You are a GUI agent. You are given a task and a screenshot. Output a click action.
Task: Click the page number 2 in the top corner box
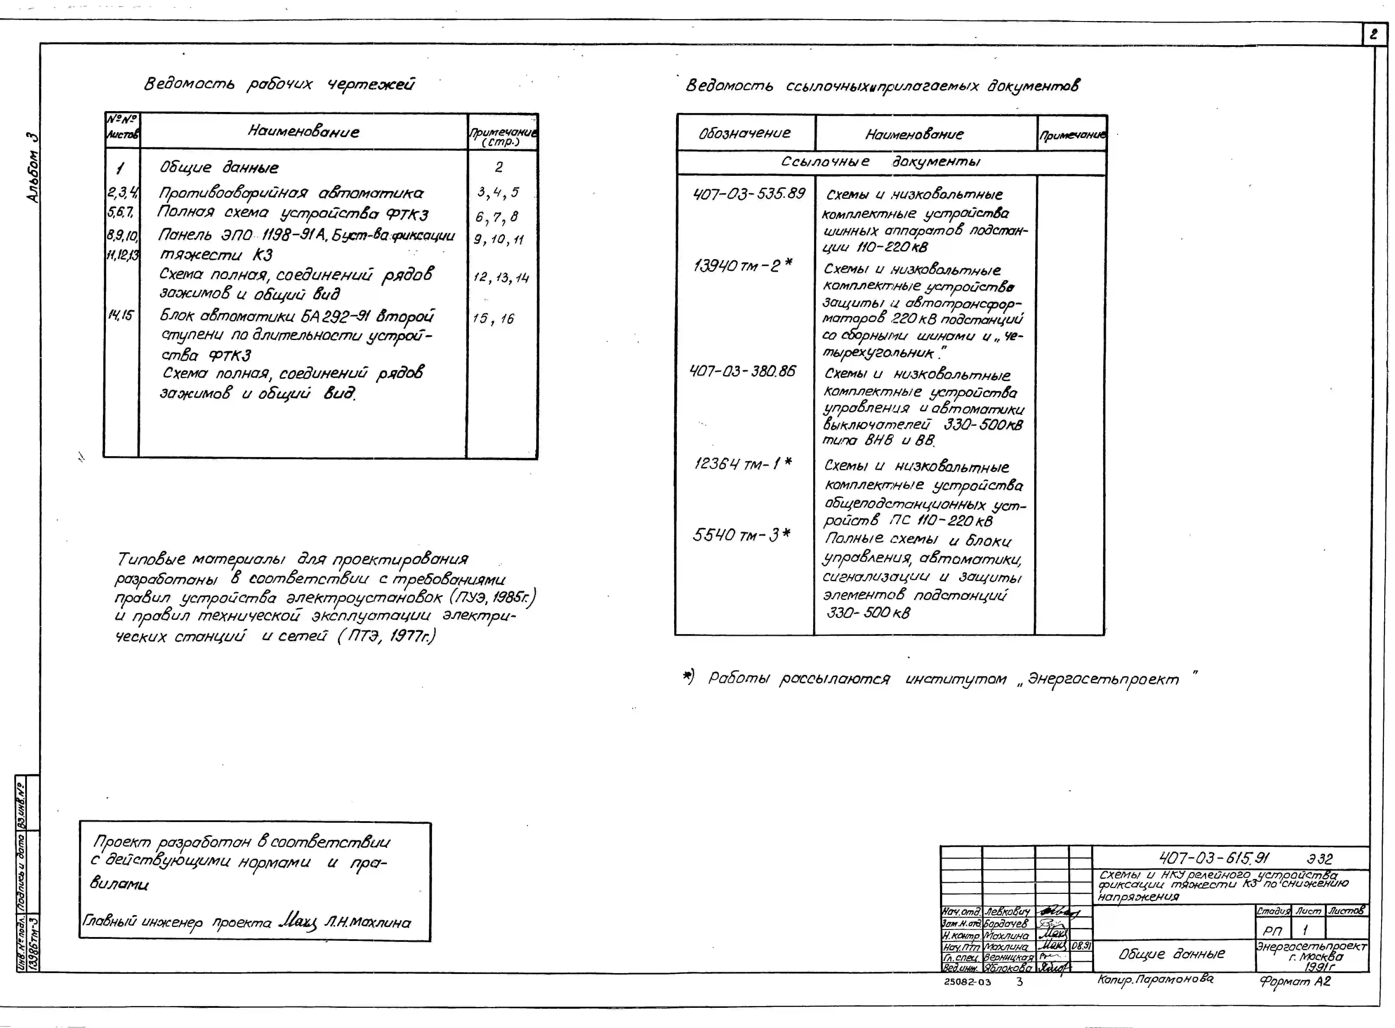1373,35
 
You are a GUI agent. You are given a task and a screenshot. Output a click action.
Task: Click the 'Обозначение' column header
744,133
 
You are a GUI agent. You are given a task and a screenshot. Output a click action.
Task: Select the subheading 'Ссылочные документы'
880,162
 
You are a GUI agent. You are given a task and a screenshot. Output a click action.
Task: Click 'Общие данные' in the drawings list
219,167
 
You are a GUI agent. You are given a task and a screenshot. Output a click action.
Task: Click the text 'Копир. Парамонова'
1155,979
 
